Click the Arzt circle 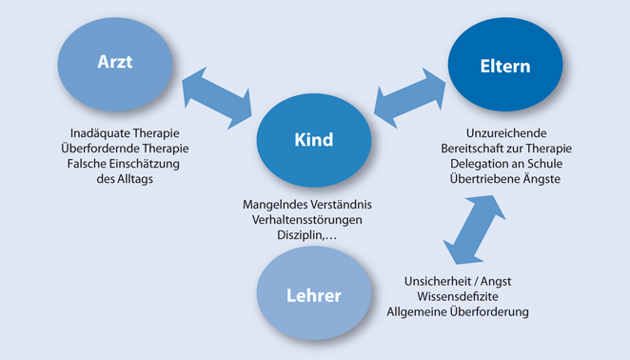[114, 63]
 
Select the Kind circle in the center [314, 140]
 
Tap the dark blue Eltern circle [504, 67]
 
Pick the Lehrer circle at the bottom [314, 294]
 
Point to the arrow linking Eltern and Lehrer [471, 229]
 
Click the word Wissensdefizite [457, 296]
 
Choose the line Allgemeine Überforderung [457, 311]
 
